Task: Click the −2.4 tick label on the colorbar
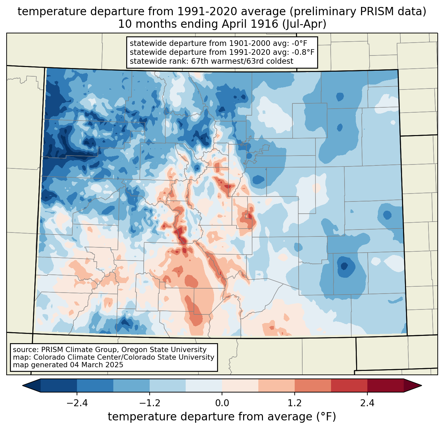(x=77, y=403)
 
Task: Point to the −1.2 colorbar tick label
(x=150, y=403)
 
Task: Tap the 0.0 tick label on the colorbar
(x=222, y=403)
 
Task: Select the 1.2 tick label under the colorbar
(x=295, y=403)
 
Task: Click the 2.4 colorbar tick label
(x=367, y=403)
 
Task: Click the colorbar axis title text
(x=222, y=416)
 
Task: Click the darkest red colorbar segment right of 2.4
(x=386, y=386)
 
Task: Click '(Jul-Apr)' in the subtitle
(x=305, y=24)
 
